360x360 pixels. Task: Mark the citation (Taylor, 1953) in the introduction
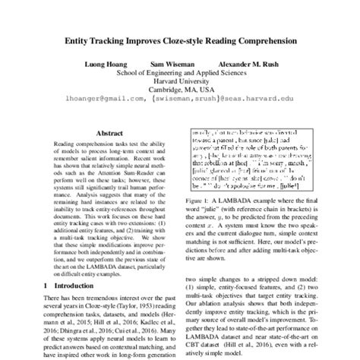(141, 305)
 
